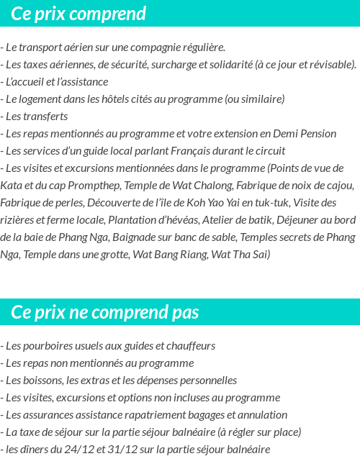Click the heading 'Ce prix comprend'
point(78,14)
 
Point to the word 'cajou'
point(338,186)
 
